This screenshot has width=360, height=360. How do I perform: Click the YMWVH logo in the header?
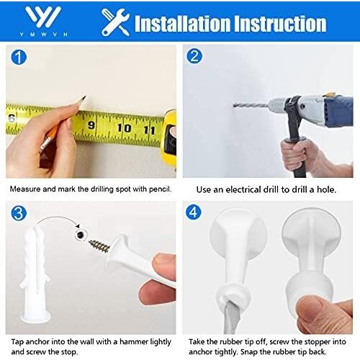point(43,21)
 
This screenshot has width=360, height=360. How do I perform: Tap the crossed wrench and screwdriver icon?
point(115,22)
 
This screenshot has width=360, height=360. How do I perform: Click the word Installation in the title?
point(182,23)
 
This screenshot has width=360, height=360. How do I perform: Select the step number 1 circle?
point(19,58)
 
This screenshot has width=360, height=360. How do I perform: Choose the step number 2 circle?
point(194,56)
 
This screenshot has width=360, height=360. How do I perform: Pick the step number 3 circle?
point(19,213)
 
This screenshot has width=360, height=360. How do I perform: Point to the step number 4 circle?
point(194,212)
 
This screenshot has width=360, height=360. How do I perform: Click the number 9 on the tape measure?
point(91,125)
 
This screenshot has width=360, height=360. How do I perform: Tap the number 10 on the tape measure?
point(124,128)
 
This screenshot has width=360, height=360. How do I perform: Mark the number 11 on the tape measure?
point(149,130)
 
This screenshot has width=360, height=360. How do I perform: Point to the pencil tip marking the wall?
point(84,97)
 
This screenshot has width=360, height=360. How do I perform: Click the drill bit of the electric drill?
point(251,105)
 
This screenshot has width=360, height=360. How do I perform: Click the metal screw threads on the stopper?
point(99,245)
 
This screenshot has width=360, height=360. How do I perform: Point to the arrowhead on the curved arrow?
point(78,226)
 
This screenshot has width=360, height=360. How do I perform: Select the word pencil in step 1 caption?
point(160,189)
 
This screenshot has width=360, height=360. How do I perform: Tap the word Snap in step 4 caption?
point(249,352)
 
